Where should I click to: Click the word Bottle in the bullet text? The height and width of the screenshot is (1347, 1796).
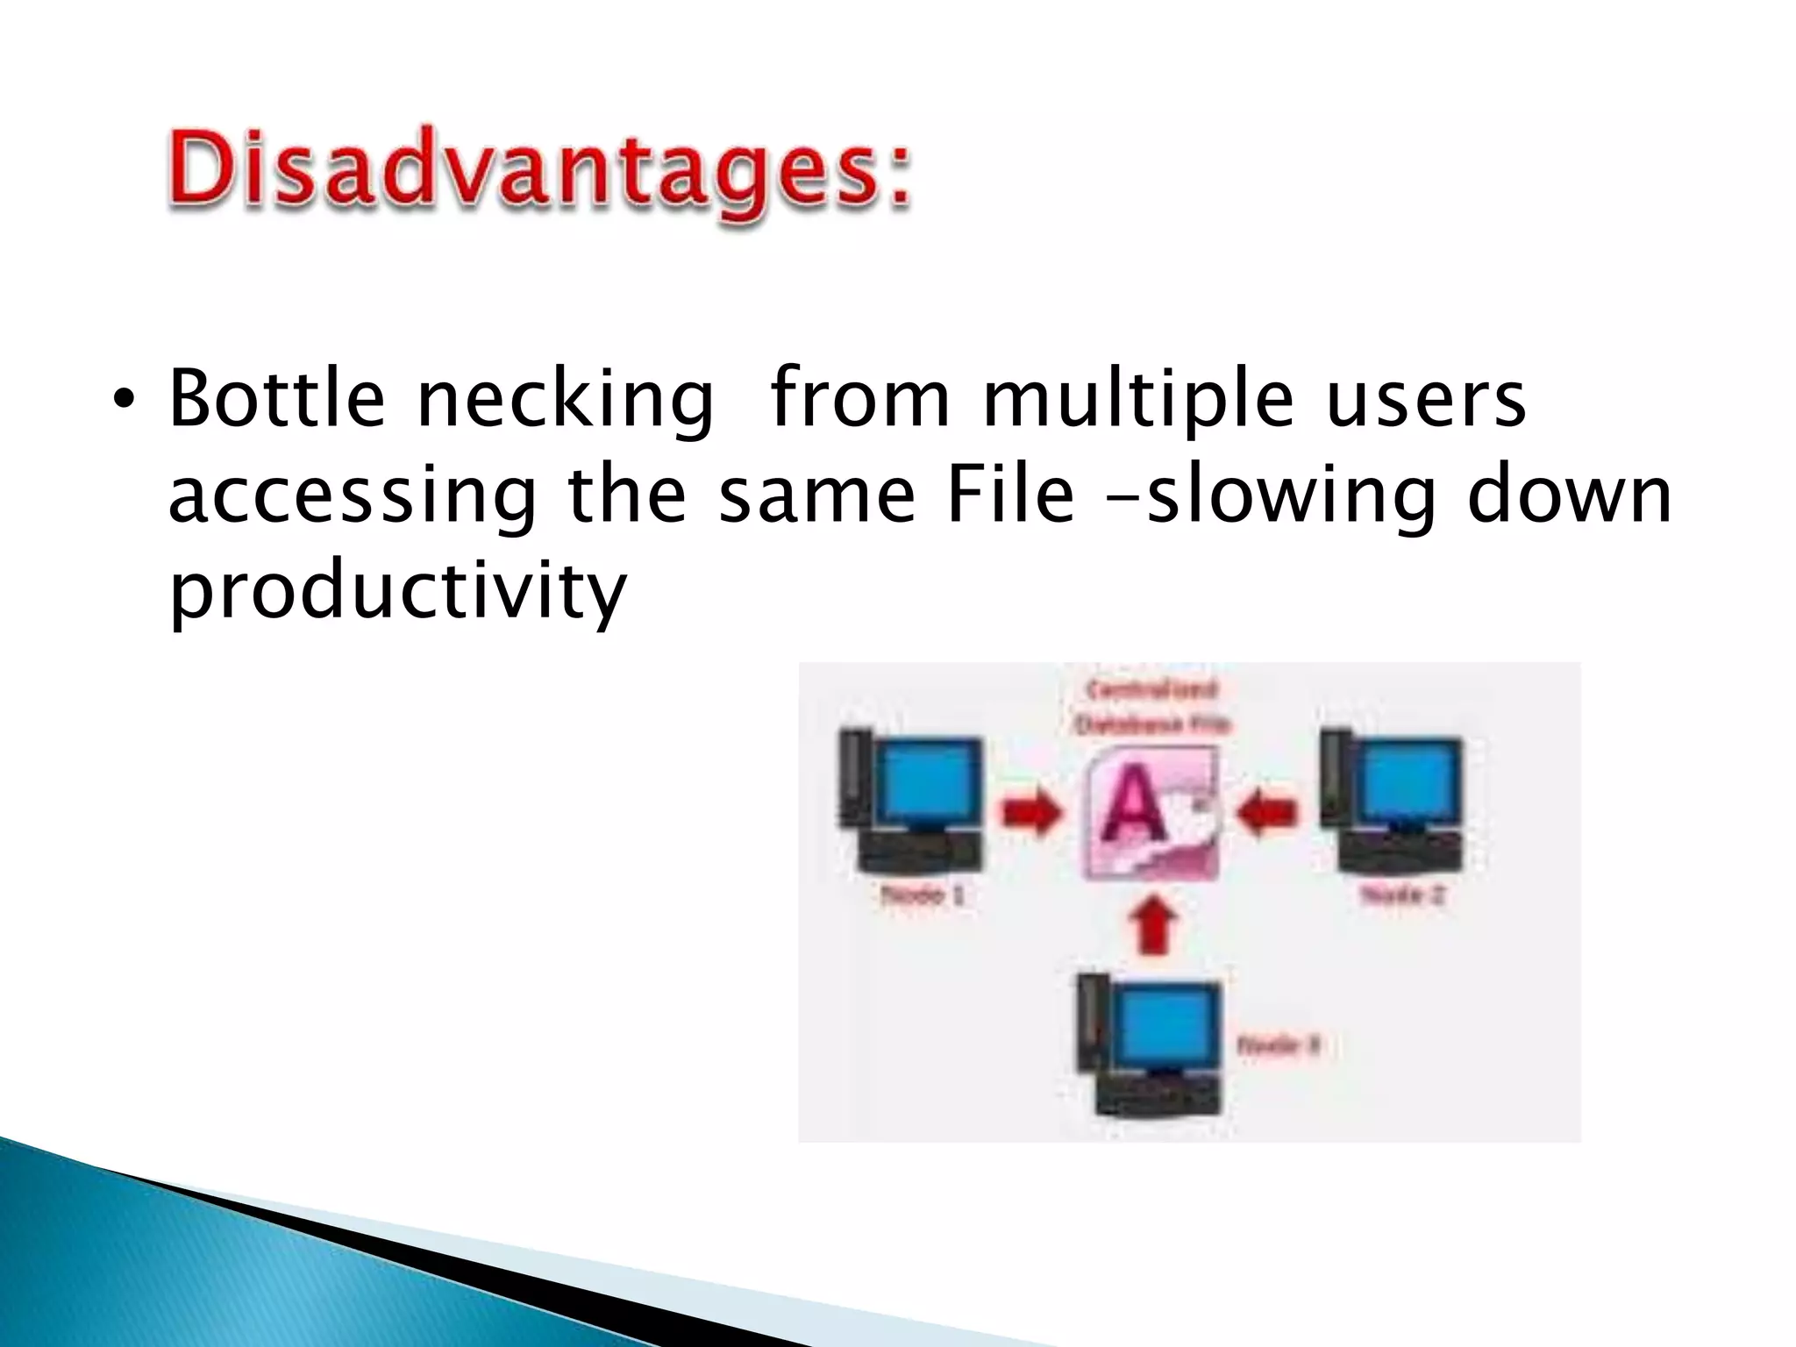[x=276, y=399]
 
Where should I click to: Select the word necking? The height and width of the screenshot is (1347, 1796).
[x=564, y=399]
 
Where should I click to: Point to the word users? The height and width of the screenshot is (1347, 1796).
[x=1425, y=399]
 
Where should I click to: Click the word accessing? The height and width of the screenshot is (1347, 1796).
[x=351, y=495]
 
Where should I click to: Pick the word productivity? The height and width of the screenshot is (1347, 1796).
[x=397, y=589]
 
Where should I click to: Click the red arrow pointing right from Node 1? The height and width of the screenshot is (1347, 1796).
[x=1030, y=810]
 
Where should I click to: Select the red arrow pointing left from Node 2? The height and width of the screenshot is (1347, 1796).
[x=1267, y=810]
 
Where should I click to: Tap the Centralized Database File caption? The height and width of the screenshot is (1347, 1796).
[x=1151, y=707]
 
